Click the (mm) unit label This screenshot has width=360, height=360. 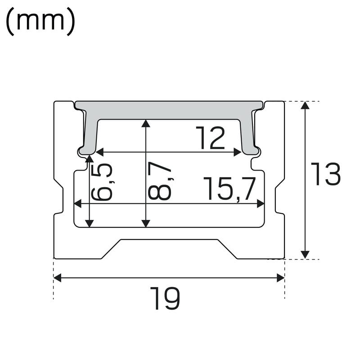pos(40,22)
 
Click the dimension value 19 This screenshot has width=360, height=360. pos(165,298)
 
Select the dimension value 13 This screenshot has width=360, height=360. pos(326,175)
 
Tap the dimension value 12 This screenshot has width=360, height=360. pos(210,138)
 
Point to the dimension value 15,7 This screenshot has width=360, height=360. pos(229,189)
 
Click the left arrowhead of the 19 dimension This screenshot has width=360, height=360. pos(57,278)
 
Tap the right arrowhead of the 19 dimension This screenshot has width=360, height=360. pos(281,278)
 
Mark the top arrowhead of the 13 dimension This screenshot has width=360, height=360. pos(305,105)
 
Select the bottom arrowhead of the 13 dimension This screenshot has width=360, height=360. pos(305,255)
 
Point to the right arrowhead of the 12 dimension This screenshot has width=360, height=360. pos(238,152)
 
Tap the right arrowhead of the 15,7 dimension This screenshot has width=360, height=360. pos(260,204)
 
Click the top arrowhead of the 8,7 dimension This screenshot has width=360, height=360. pos(145,123)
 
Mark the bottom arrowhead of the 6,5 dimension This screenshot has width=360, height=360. pos(89,223)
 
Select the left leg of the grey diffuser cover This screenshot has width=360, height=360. pos(90,133)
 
